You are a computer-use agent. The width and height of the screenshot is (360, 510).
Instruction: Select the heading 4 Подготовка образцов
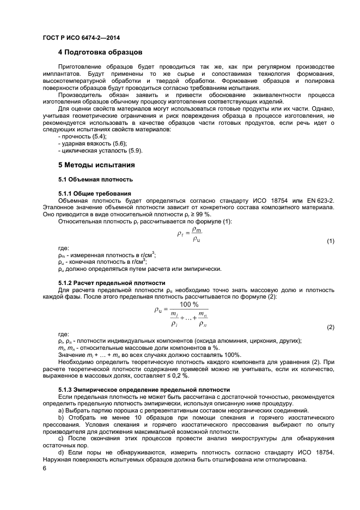click(x=100, y=53)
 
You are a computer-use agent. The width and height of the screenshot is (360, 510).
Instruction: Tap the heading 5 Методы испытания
click(x=96, y=165)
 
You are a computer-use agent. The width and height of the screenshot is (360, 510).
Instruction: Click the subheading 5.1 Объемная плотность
click(x=95, y=179)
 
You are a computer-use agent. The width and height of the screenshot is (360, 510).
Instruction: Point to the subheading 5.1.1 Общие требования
click(x=94, y=193)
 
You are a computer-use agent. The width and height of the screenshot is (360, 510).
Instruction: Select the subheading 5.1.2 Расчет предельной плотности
click(x=111, y=283)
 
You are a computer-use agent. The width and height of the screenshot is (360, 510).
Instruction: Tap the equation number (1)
click(x=330, y=241)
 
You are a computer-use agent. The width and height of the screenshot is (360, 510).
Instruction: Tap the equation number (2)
click(x=330, y=327)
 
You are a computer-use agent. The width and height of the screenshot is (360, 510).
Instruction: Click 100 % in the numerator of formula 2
click(x=189, y=305)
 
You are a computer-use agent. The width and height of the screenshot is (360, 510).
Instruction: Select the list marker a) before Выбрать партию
click(x=60, y=410)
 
